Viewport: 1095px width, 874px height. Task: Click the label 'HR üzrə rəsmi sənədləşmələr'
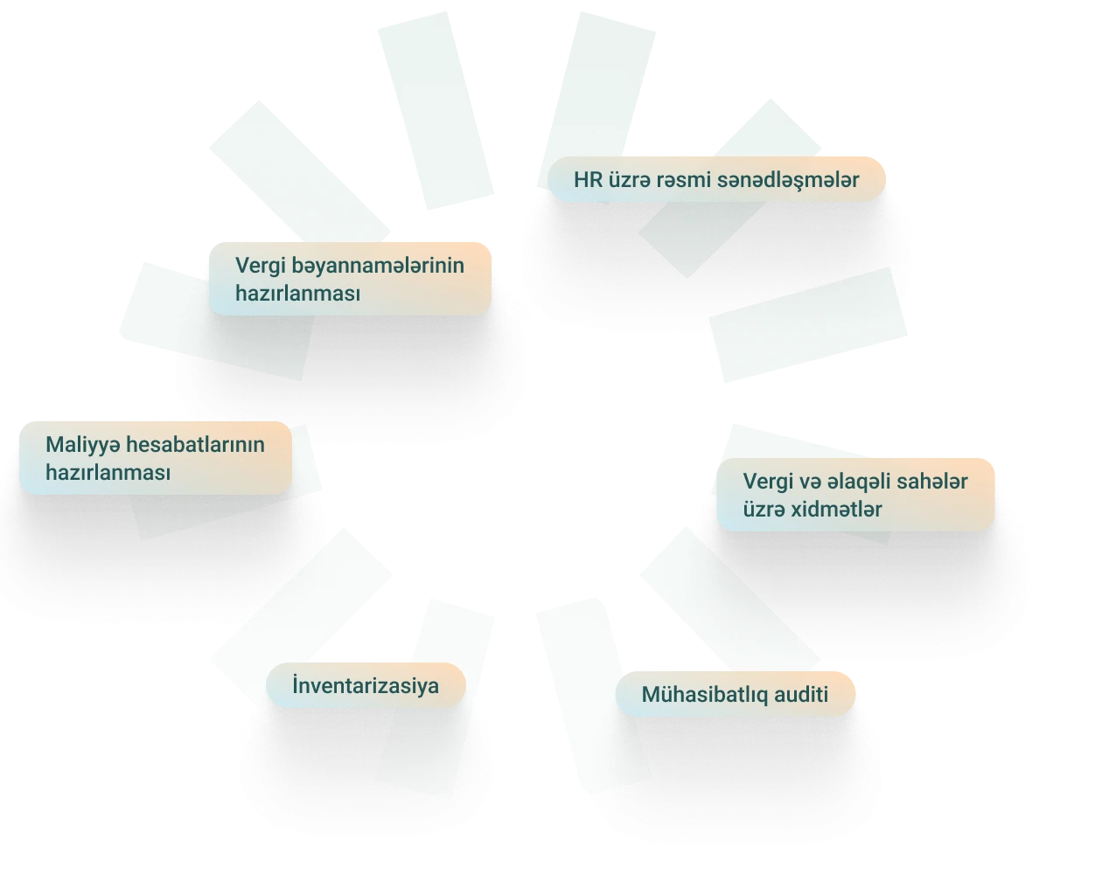[x=716, y=180]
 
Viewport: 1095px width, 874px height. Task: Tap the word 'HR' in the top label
[x=588, y=180]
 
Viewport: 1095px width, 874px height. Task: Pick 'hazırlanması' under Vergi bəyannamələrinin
[x=297, y=294]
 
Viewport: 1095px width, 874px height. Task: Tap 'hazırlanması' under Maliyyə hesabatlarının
[x=108, y=473]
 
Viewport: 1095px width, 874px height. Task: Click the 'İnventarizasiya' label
[x=366, y=685]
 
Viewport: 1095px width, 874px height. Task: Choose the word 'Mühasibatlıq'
[x=704, y=695]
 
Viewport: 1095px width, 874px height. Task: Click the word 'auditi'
[x=800, y=695]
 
